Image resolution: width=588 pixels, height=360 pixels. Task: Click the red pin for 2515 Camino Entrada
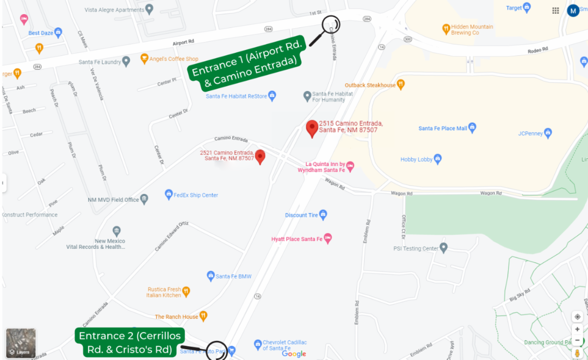(312, 128)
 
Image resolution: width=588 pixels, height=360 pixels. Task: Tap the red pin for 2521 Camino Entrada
(261, 156)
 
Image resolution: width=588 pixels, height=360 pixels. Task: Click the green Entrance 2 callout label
(130, 342)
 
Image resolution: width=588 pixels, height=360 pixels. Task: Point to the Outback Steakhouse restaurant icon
(401, 85)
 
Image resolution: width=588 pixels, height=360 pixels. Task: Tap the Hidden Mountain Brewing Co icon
(446, 28)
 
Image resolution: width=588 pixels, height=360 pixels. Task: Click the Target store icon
(527, 8)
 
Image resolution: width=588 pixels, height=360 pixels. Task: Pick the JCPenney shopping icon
(548, 133)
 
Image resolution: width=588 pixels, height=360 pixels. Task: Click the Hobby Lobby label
(416, 160)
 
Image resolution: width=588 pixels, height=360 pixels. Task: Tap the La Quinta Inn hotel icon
(350, 167)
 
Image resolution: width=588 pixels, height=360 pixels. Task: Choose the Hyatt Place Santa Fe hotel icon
(328, 239)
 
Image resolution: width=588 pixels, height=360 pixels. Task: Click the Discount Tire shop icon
(323, 215)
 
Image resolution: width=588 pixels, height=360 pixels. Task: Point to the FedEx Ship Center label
(196, 195)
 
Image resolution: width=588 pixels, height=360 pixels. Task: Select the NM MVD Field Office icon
(144, 199)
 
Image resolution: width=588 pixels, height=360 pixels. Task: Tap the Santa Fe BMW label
(234, 276)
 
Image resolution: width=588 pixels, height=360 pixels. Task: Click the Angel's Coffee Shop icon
(144, 59)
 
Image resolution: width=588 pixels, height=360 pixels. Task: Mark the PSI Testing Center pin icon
(443, 248)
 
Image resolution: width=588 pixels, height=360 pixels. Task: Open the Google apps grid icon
(556, 10)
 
